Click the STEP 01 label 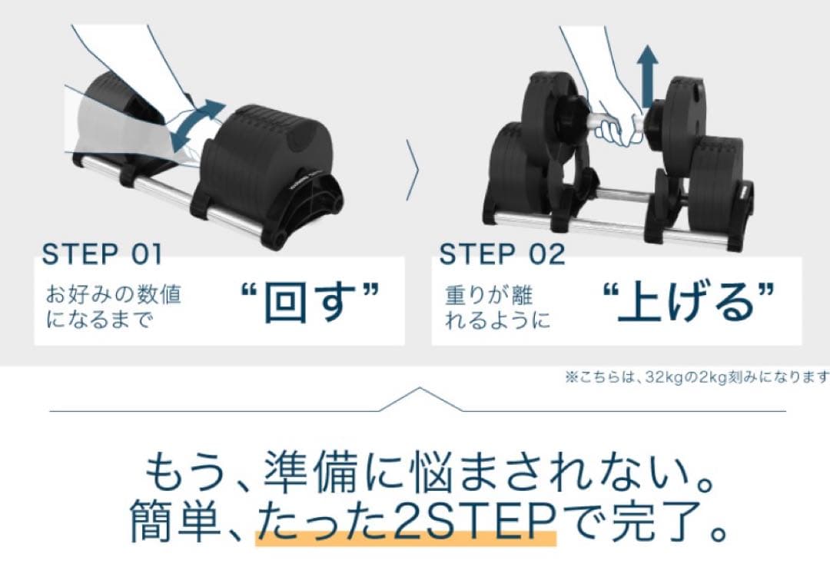tap(102, 254)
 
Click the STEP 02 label tap(502, 254)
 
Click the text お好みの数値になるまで tap(115, 307)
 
